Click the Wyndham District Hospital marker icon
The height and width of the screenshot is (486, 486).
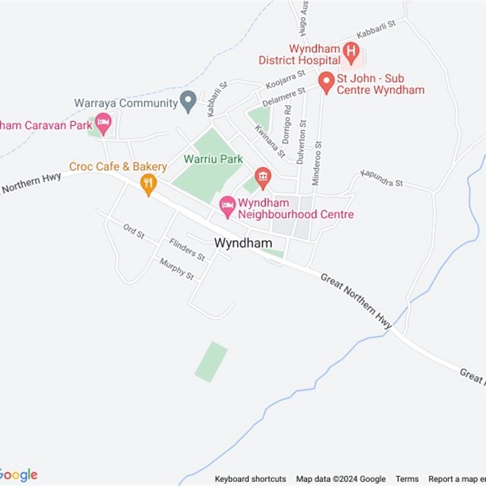click(350, 50)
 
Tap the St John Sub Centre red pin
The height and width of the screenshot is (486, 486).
click(326, 82)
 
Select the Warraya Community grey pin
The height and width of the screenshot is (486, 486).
click(189, 101)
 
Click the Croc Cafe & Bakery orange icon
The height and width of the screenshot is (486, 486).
click(148, 183)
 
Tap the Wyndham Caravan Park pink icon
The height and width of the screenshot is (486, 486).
click(103, 124)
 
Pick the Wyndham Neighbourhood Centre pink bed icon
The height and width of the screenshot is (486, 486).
click(228, 207)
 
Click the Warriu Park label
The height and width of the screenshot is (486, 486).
click(213, 159)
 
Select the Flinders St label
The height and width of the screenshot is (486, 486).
click(187, 249)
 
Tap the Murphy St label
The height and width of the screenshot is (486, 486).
click(176, 269)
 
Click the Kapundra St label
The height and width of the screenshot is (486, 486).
click(382, 178)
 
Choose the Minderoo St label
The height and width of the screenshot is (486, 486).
click(316, 163)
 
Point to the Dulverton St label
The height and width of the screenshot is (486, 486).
click(301, 142)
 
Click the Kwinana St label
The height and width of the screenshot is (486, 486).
click(270, 140)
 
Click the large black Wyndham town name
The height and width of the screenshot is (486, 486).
click(243, 242)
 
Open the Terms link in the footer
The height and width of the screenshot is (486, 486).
click(407, 479)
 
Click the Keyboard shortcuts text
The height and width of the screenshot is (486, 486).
click(250, 479)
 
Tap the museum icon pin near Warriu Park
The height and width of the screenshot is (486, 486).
click(262, 177)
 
